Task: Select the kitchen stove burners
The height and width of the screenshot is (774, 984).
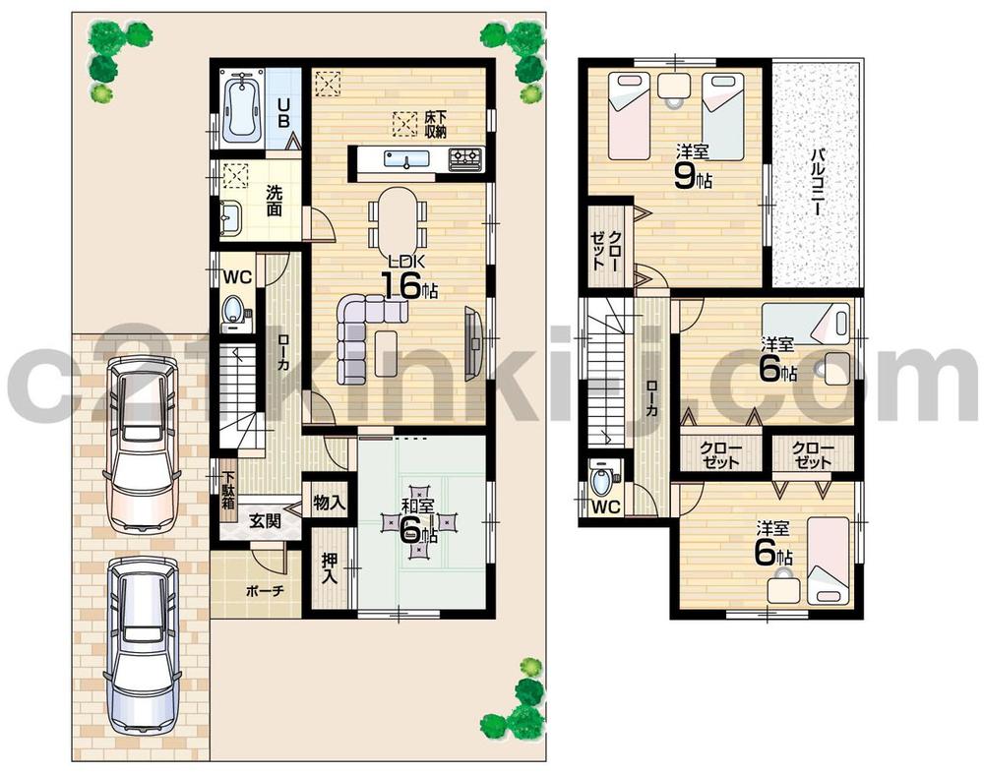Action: coord(465,157)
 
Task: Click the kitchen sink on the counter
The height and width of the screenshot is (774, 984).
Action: coord(400,157)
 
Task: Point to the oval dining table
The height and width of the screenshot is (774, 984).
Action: coord(398,217)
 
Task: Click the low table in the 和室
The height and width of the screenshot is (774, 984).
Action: coord(422,523)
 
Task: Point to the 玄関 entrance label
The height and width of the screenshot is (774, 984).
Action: coord(264,521)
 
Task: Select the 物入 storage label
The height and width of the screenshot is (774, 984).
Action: coord(328,503)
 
